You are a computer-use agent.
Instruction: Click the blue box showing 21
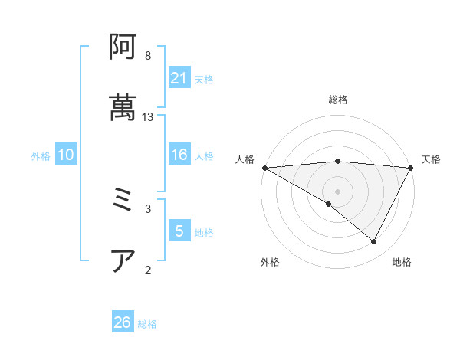pyautogui.click(x=179, y=78)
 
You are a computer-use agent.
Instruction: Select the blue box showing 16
pyautogui.click(x=179, y=155)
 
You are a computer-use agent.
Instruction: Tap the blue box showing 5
pyautogui.click(x=179, y=231)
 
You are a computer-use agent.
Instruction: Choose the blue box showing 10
pyautogui.click(x=66, y=155)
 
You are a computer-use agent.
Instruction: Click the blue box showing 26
pyautogui.click(x=123, y=322)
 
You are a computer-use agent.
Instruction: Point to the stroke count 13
pyautogui.click(x=148, y=117)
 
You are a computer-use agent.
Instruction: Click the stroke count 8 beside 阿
pyautogui.click(x=147, y=56)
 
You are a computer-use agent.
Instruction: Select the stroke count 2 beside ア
pyautogui.click(x=147, y=269)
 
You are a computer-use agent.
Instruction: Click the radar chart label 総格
pyautogui.click(x=338, y=100)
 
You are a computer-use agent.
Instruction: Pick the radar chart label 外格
pyautogui.click(x=270, y=263)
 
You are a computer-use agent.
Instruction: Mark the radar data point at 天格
pyautogui.click(x=411, y=168)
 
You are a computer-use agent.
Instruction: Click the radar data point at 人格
pyautogui.click(x=264, y=168)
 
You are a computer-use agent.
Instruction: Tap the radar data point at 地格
pyautogui.click(x=374, y=242)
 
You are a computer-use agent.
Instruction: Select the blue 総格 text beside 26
pyautogui.click(x=147, y=324)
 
